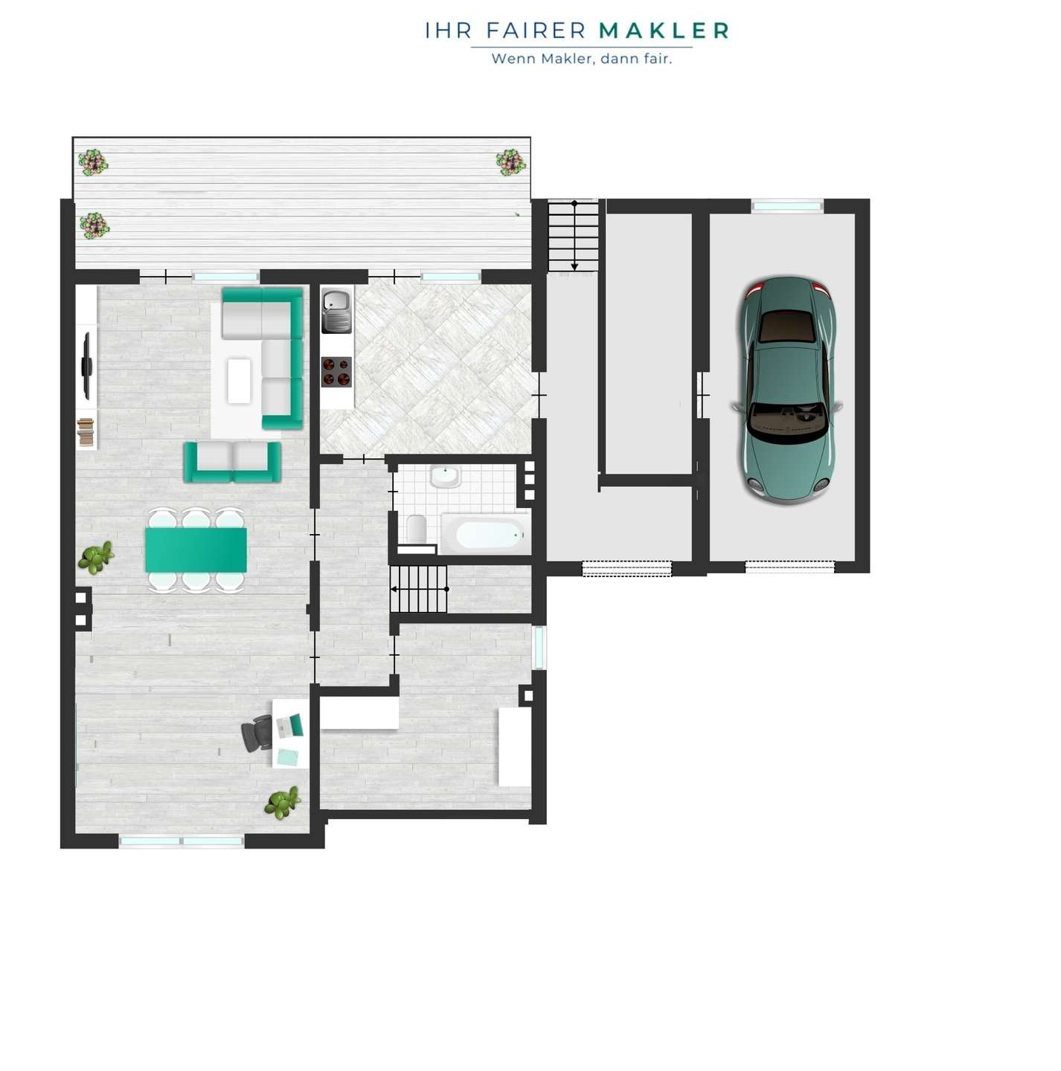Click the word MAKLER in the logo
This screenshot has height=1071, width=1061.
[664, 31]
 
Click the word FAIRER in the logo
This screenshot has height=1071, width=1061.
[536, 31]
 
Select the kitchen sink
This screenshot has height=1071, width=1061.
[336, 310]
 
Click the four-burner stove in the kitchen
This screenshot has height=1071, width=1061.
[336, 371]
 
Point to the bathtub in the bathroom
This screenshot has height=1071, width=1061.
[485, 534]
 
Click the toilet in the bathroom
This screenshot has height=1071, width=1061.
[416, 528]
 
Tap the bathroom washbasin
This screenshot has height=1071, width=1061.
[445, 476]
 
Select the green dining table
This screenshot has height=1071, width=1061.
[196, 550]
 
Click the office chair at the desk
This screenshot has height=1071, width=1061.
[257, 733]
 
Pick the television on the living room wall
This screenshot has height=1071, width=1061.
[87, 365]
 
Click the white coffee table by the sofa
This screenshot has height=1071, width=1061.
[239, 381]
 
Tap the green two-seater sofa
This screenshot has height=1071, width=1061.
[232, 463]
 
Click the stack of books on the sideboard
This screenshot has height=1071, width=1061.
[86, 432]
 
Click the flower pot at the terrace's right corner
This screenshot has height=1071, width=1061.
[510, 162]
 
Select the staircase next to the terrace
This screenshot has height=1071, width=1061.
[573, 237]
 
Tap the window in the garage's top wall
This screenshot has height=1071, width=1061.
[787, 206]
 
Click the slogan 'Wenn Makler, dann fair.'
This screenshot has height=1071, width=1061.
[582, 58]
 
